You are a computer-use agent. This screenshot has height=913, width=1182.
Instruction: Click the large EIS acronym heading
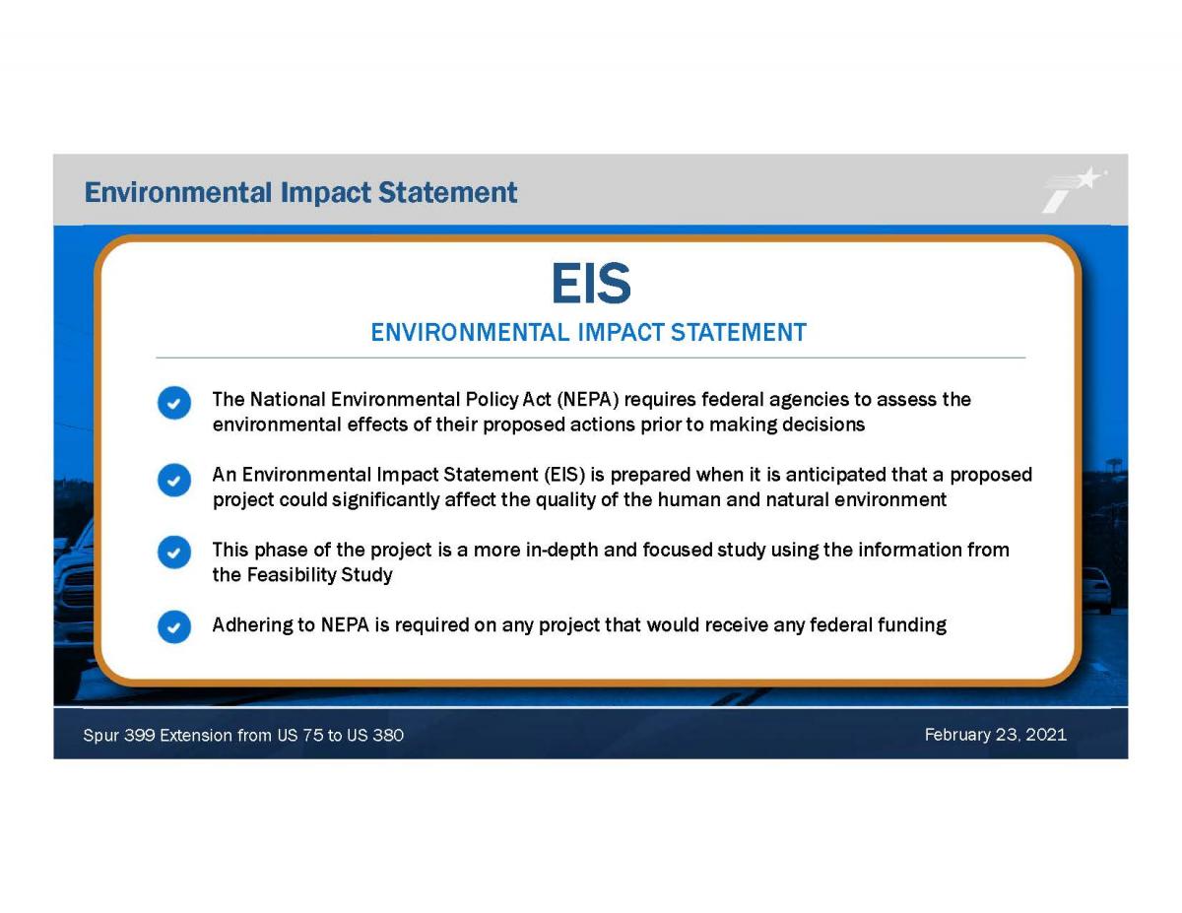click(591, 284)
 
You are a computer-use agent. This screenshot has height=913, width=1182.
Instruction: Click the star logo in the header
click(1074, 189)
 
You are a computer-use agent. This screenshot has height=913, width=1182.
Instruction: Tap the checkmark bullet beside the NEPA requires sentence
click(174, 403)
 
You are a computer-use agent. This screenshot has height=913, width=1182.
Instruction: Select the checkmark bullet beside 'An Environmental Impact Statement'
click(174, 481)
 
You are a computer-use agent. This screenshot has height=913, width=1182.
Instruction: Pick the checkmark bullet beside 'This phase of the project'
click(174, 553)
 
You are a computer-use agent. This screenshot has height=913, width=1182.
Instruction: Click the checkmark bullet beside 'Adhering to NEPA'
click(174, 627)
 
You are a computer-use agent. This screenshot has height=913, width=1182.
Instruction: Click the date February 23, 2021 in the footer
click(996, 735)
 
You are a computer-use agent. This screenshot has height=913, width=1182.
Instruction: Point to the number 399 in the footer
click(140, 736)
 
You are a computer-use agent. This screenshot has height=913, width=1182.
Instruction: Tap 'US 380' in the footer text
click(375, 736)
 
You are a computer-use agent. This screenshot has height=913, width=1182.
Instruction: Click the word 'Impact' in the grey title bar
click(326, 193)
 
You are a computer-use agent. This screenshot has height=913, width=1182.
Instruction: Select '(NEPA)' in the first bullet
click(588, 400)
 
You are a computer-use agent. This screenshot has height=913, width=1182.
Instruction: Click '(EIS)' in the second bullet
click(565, 475)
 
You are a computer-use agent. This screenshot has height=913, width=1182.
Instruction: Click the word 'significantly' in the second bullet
click(386, 499)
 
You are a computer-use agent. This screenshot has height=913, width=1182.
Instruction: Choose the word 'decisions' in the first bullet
click(823, 424)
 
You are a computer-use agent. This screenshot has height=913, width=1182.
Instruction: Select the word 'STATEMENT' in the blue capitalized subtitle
click(738, 333)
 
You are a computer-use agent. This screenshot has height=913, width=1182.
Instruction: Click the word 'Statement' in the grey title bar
click(447, 192)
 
